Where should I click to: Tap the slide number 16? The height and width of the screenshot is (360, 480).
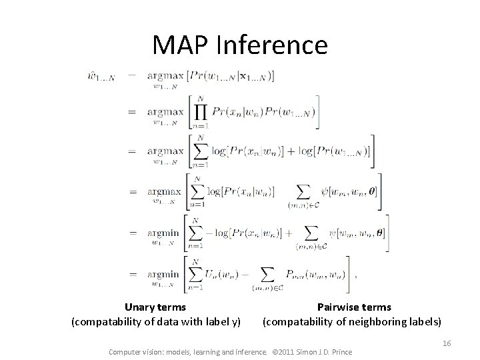447,343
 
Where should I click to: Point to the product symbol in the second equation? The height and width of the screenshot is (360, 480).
200,109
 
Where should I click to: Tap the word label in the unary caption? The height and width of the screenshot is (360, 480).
212,322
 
